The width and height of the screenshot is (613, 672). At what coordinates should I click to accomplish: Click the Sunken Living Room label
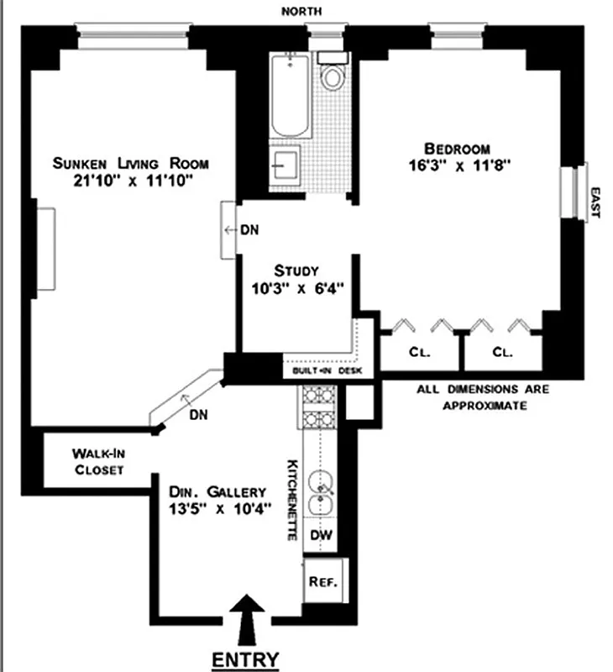[x=130, y=163]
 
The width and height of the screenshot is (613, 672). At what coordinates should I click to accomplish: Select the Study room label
[x=296, y=270]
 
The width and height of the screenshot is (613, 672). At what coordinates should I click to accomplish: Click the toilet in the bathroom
[x=333, y=76]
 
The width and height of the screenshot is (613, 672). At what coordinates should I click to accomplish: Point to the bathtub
[x=290, y=97]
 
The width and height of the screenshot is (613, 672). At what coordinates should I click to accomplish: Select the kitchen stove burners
[x=317, y=405]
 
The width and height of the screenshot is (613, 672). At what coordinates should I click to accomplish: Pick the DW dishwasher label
[x=320, y=534]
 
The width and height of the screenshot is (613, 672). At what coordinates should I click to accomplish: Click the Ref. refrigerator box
[x=322, y=581]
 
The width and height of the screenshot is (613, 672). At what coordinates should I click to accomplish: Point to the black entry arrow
[x=247, y=619]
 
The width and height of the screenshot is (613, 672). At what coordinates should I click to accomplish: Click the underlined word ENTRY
[x=245, y=659]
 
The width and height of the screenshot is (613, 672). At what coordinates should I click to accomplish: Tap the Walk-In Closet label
[x=99, y=462]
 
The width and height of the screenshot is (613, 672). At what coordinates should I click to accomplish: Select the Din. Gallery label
[x=217, y=491]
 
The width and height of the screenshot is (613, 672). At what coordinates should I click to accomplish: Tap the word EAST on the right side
[x=597, y=202]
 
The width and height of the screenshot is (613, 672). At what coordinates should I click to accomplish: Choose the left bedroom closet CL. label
[x=419, y=353]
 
